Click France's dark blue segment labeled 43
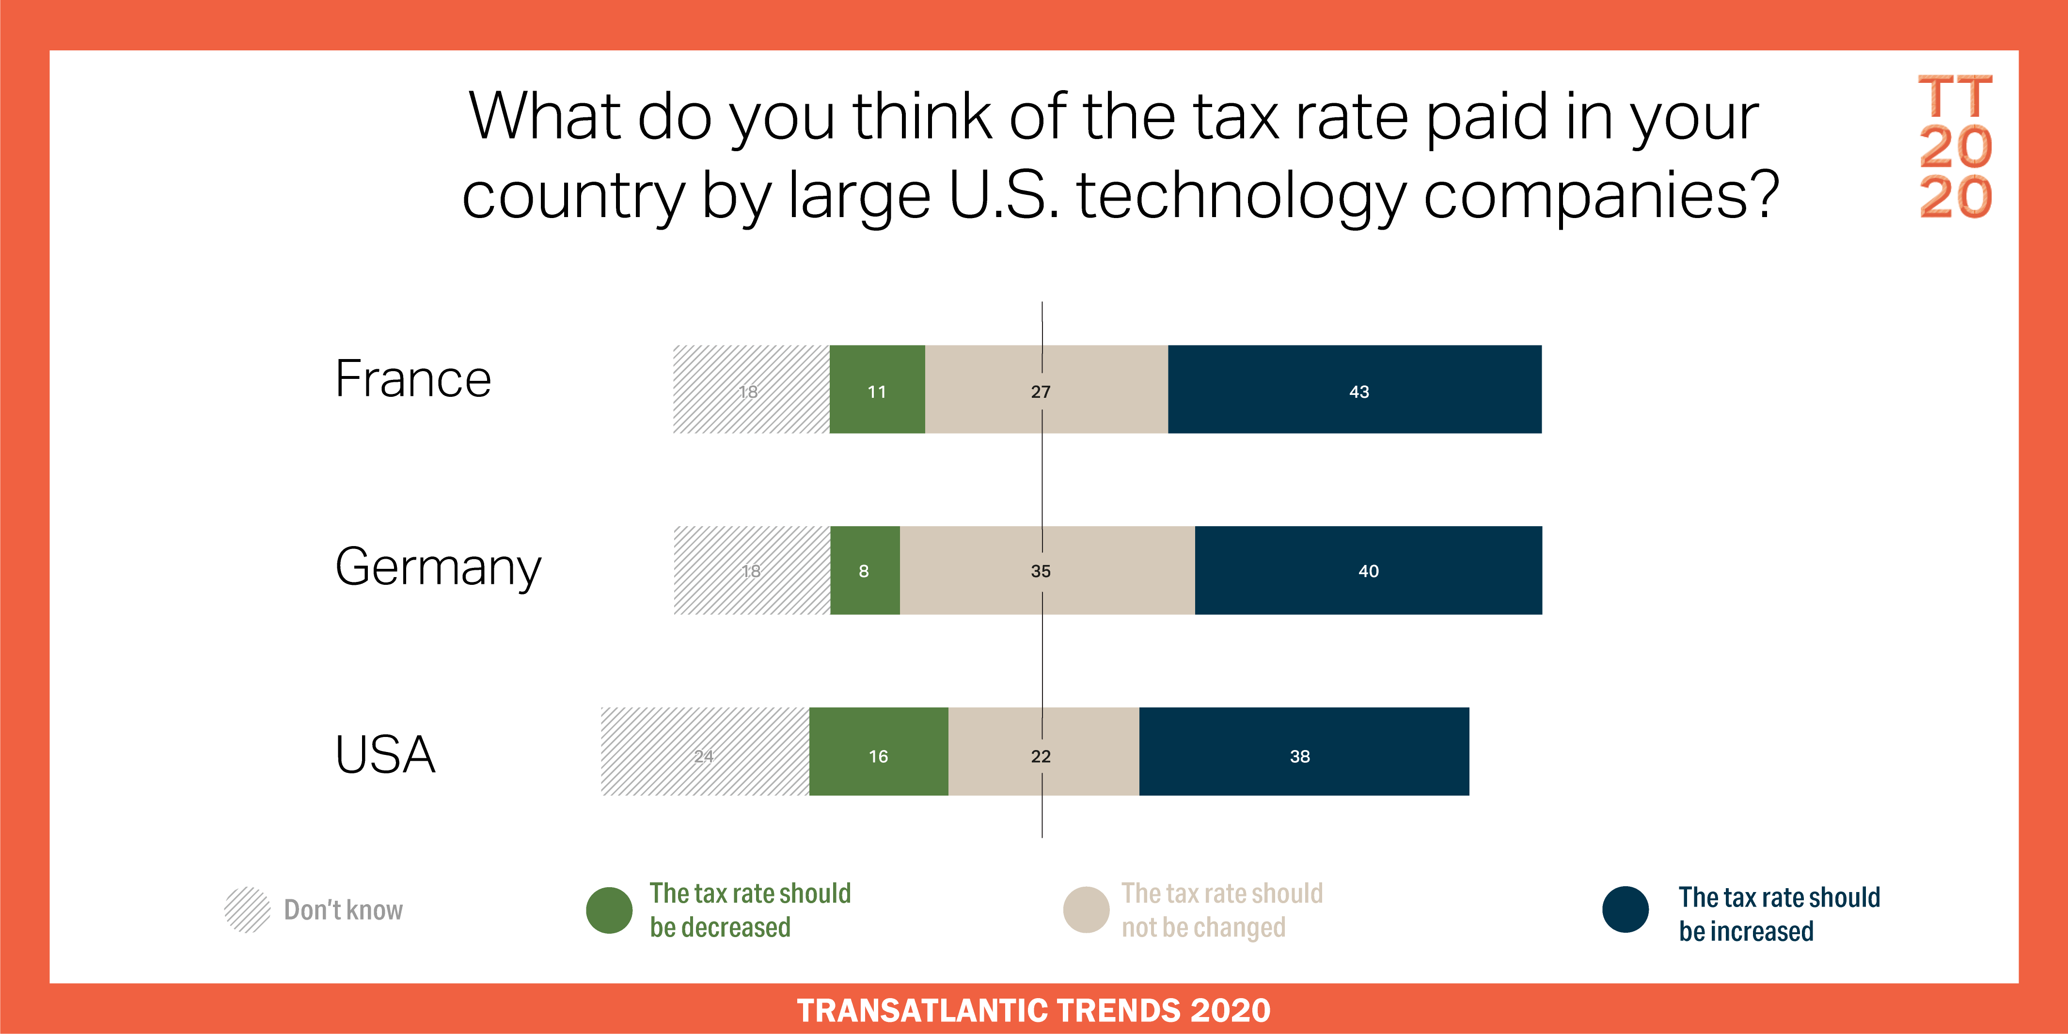(1354, 390)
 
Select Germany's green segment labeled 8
(865, 570)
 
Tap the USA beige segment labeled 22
(1043, 752)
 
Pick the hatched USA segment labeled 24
(705, 752)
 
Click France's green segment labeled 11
(877, 390)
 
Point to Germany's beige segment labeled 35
(1048, 570)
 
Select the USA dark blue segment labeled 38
(1304, 752)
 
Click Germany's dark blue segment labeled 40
(1369, 570)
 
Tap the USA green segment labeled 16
(878, 752)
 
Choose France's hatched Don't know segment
(751, 390)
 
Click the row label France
(412, 379)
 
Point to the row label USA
(385, 754)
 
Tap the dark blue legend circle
(1626, 909)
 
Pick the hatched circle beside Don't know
(247, 909)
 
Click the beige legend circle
(1086, 909)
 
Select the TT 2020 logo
(1956, 146)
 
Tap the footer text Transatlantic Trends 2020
(1034, 1010)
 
